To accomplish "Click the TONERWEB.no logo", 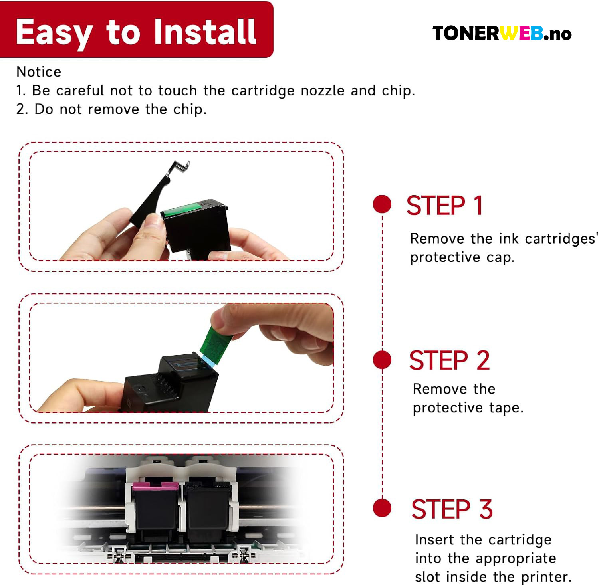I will tap(502, 33).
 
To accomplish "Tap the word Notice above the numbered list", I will tap(39, 72).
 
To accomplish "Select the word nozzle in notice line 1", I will tap(322, 91).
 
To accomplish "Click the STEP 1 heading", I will tap(444, 206).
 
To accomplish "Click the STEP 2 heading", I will tap(449, 360).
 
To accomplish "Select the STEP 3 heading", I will tap(452, 509).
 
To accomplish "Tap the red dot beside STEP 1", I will tap(382, 204).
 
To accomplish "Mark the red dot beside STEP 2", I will tap(382, 360).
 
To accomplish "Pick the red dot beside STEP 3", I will tap(382, 508).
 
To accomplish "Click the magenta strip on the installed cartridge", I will tap(155, 485).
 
